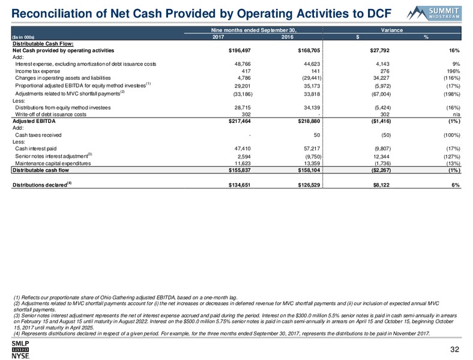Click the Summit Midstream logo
pyautogui.click(x=433, y=13)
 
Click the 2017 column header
pyautogui.click(x=218, y=37)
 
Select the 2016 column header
pyautogui.click(x=287, y=37)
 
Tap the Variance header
pyautogui.click(x=391, y=30)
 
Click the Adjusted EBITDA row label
pyautogui.click(x=34, y=121)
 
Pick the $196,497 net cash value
pyautogui.click(x=240, y=50)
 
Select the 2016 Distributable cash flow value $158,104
pyautogui.click(x=309, y=170)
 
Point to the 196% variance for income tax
pyautogui.click(x=454, y=71)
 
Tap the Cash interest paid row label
pyautogui.click(x=35, y=149)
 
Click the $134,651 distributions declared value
pyautogui.click(x=240, y=185)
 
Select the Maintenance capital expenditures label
pyautogui.click(x=53, y=163)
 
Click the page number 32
pyautogui.click(x=454, y=349)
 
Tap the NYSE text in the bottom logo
pyautogui.click(x=20, y=356)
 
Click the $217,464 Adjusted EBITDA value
pyautogui.click(x=240, y=121)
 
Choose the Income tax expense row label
pyautogui.click(x=37, y=71)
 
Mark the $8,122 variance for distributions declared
pyautogui.click(x=381, y=185)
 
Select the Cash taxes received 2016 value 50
pyautogui.click(x=317, y=135)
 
